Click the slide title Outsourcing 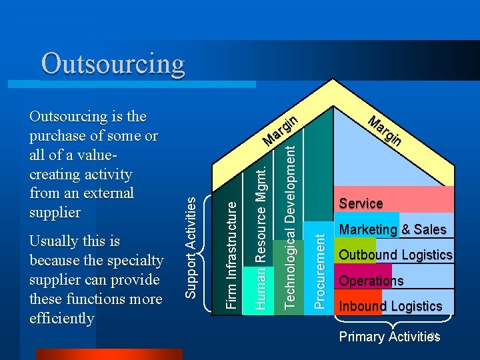(x=113, y=64)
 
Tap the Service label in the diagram (x=361, y=203)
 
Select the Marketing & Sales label (x=392, y=229)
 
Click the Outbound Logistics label (x=395, y=255)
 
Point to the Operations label (x=371, y=281)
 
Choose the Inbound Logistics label (x=390, y=307)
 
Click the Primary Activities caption (x=389, y=337)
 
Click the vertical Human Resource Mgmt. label (x=262, y=236)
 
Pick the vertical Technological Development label (x=291, y=227)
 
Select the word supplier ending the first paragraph (x=55, y=213)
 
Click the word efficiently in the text (x=62, y=318)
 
